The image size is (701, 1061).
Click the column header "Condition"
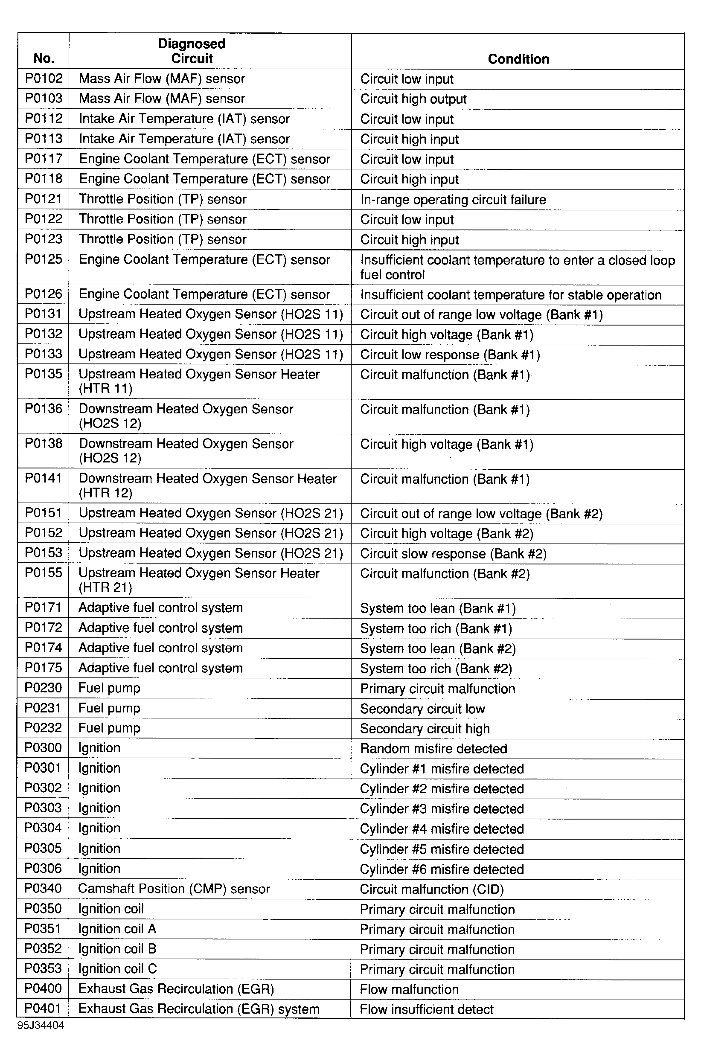click(518, 59)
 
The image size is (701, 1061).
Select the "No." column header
click(44, 58)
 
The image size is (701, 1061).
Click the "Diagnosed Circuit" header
click(192, 51)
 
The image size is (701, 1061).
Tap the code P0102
click(44, 78)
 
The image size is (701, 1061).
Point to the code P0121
click(44, 199)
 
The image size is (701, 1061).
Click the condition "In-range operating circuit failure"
click(453, 199)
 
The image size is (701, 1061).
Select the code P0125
click(44, 259)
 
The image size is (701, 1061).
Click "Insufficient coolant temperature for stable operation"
click(511, 295)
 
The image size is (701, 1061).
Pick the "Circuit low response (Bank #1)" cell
click(450, 355)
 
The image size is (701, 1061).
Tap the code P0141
click(44, 478)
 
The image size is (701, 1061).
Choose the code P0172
click(44, 628)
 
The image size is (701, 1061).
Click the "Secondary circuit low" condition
click(422, 709)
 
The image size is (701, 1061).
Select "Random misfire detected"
click(433, 749)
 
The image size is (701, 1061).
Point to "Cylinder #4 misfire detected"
click(442, 828)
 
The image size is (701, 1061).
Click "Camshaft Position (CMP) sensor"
click(174, 889)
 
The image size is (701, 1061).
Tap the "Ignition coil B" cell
click(117, 948)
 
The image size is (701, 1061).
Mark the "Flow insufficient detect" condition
click(427, 1009)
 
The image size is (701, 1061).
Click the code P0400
click(44, 988)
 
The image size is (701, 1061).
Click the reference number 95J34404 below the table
click(41, 1025)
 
